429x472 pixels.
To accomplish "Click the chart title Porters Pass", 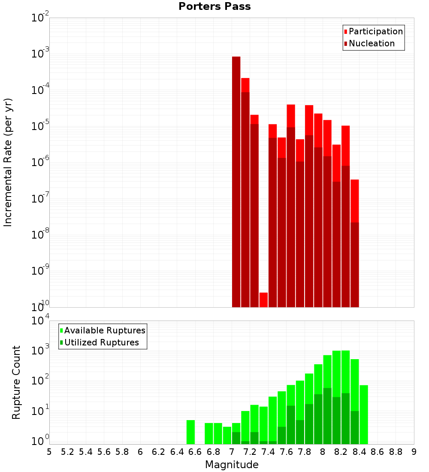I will (214, 6).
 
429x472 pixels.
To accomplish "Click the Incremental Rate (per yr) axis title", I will (8, 162).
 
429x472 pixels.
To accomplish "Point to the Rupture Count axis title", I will (16, 382).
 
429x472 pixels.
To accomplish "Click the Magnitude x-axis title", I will (232, 465).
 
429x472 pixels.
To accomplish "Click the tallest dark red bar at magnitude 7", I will (236, 180).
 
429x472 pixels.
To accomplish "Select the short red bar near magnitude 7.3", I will (263, 300).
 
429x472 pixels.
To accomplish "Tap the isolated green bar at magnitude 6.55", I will (190, 432).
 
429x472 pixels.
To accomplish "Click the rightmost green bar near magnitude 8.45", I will (364, 414).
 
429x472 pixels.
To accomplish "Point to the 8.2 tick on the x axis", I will (341, 452).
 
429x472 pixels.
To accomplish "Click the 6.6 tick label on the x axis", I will (195, 452).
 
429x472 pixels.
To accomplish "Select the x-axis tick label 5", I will (49, 452).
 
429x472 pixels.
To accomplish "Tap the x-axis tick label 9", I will (414, 452).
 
